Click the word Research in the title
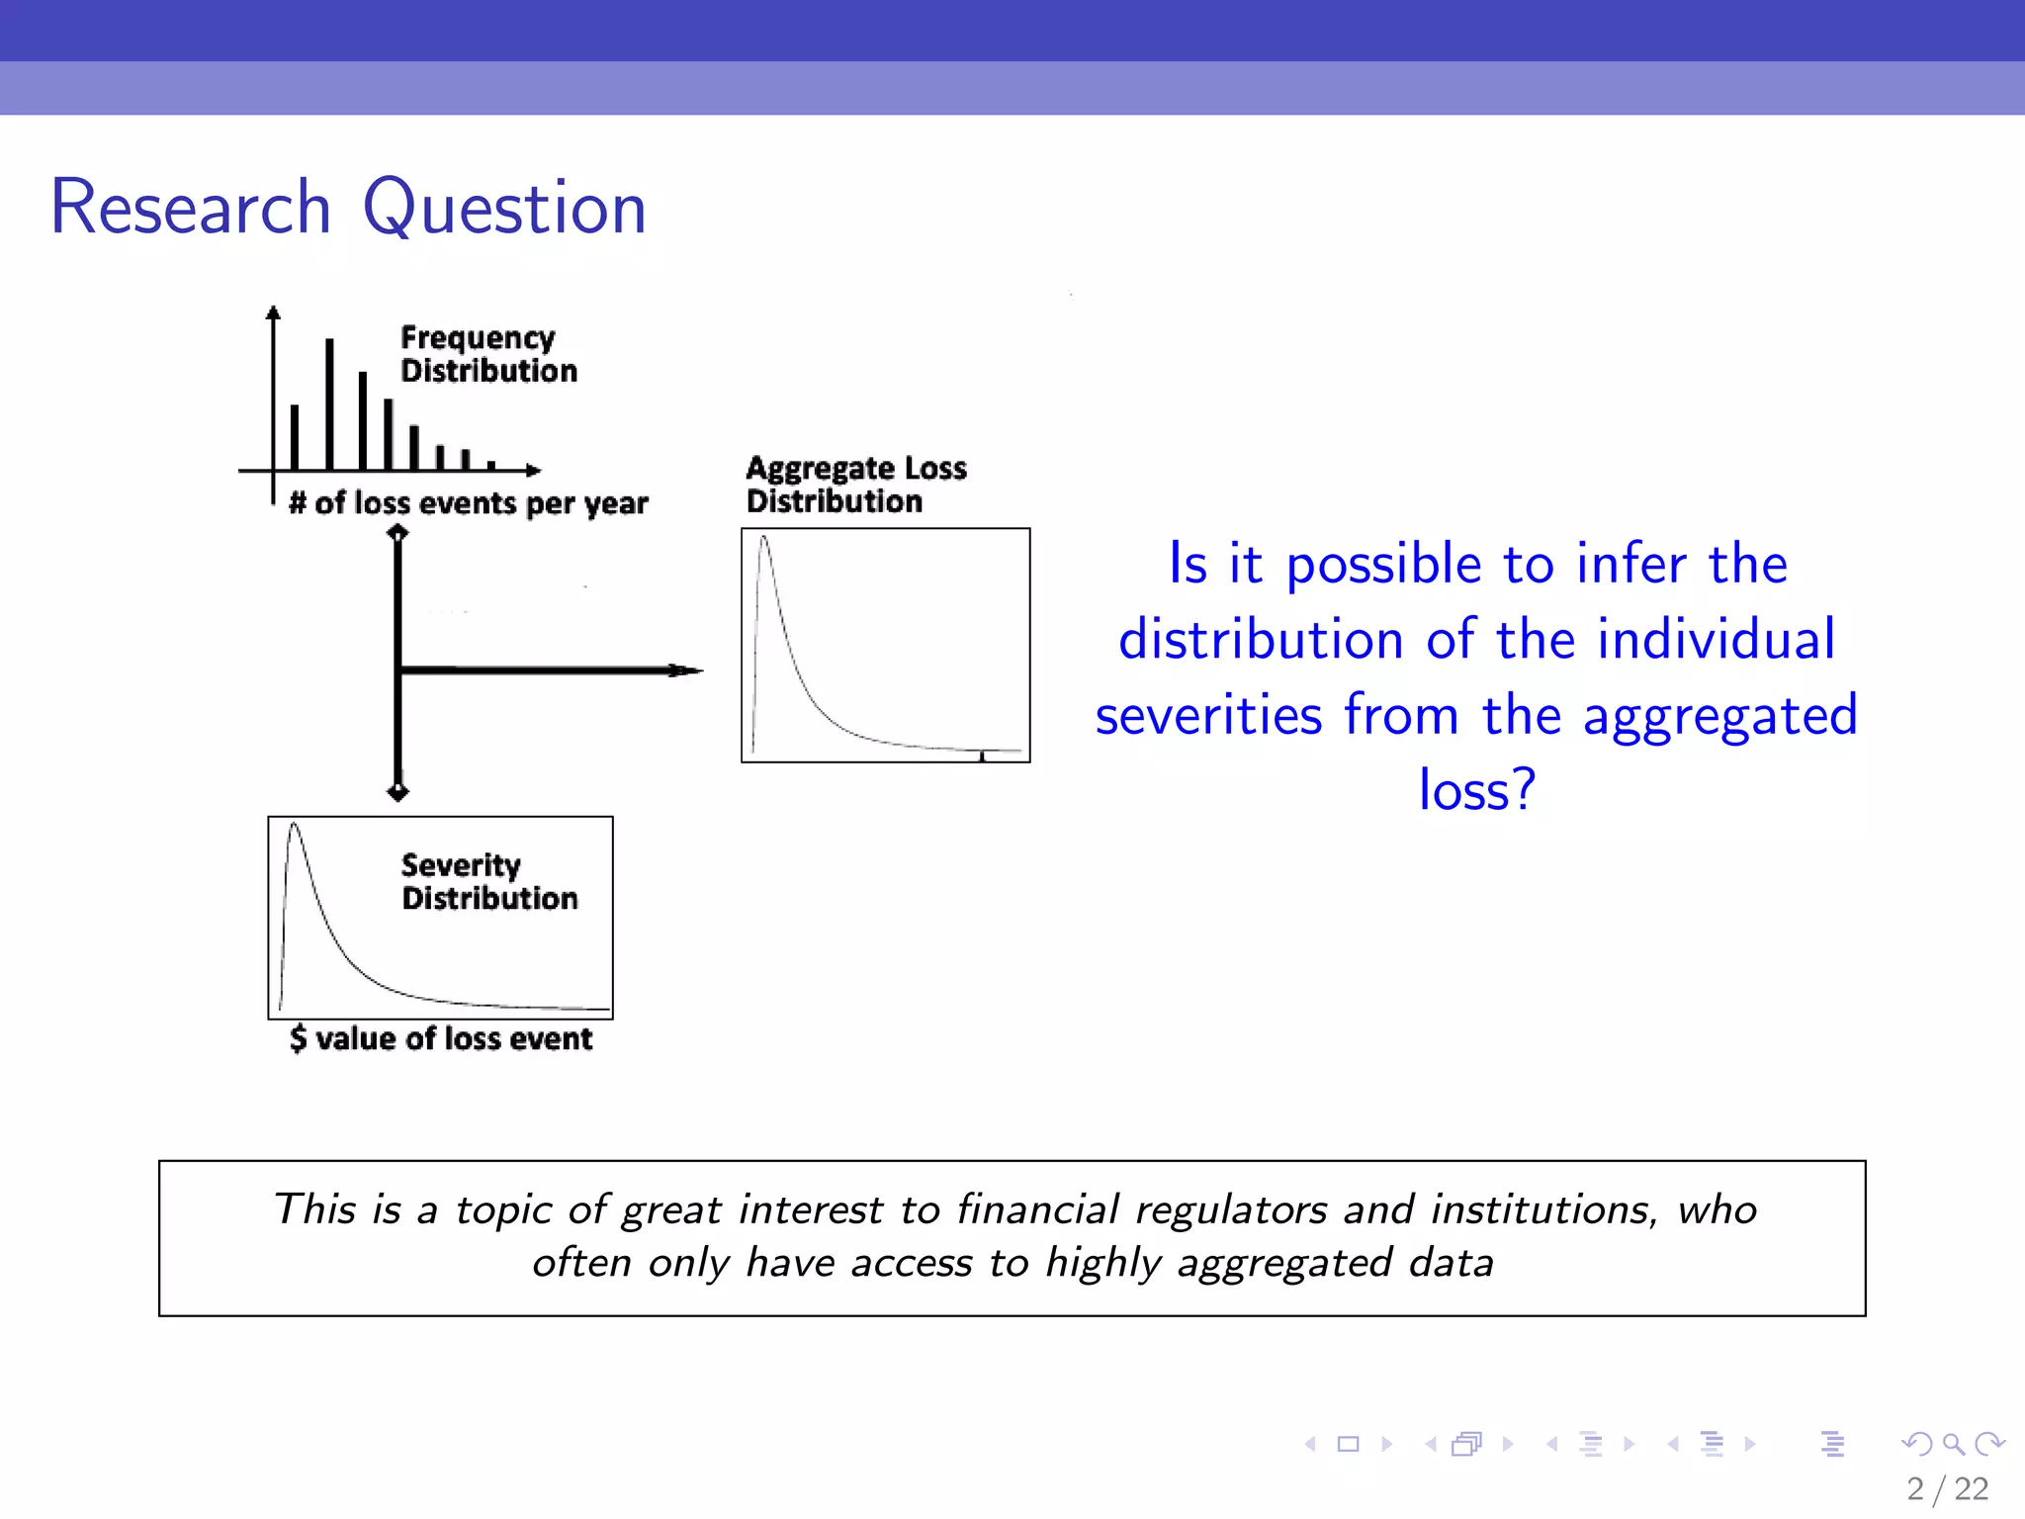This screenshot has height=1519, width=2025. point(190,208)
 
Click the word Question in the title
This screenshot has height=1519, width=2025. point(504,208)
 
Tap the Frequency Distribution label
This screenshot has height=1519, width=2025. point(487,354)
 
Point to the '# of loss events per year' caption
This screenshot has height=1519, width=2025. point(468,503)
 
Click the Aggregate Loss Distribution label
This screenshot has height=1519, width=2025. point(855,485)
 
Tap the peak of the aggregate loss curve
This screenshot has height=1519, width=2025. point(763,540)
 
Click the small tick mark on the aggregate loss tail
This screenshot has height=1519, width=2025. point(982,756)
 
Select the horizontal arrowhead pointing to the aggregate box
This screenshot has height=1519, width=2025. point(687,670)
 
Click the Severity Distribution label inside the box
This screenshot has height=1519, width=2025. point(488,881)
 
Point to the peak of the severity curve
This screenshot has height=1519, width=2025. point(294,827)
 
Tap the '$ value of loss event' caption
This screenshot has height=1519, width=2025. point(441,1038)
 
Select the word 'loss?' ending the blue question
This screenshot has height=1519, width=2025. point(1477,790)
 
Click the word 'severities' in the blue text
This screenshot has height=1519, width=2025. point(1208,715)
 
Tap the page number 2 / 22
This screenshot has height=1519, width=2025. point(1947,1489)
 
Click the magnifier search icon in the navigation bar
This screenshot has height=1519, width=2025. point(1953,1444)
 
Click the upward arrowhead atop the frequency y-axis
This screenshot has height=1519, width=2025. point(273,313)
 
